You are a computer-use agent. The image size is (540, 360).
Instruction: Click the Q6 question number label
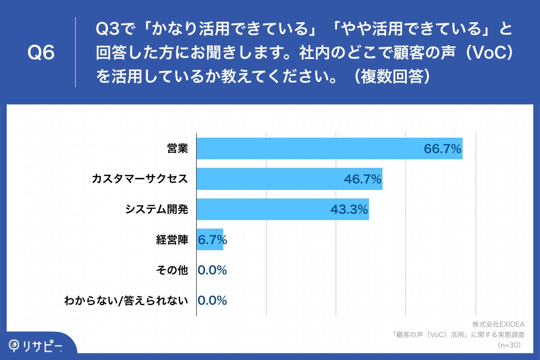[x=41, y=53]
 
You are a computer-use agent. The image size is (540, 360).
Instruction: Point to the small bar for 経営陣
[x=210, y=240]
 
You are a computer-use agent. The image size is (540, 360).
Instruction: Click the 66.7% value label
[x=443, y=149]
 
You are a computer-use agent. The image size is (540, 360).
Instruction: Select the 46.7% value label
[x=363, y=179]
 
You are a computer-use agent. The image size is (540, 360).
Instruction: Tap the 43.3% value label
[x=349, y=210]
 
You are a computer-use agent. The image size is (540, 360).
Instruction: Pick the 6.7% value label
[x=212, y=240]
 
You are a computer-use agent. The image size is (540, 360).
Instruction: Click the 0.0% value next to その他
[x=212, y=270]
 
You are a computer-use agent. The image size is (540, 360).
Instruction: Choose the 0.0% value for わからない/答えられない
[x=212, y=301]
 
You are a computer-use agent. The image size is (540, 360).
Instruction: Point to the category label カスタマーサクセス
[x=139, y=179]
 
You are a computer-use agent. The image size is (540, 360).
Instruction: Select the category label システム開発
[x=156, y=210]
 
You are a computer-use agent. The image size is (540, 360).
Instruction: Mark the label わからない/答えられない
[x=126, y=301]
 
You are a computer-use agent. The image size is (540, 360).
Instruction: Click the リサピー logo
[x=36, y=346]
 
